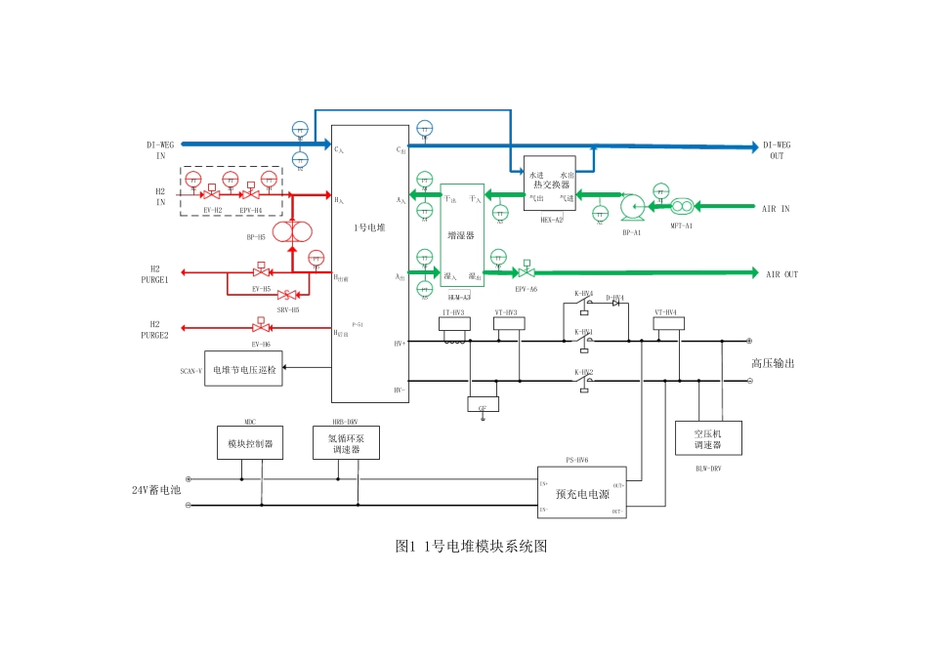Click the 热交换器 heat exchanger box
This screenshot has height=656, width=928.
pyautogui.click(x=550, y=184)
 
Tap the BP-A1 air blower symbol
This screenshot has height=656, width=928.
pyautogui.click(x=630, y=206)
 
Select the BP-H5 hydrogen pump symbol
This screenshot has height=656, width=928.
pyautogui.click(x=291, y=231)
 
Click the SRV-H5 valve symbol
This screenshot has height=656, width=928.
pyautogui.click(x=287, y=295)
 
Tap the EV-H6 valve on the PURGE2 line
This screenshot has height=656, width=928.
pyautogui.click(x=261, y=328)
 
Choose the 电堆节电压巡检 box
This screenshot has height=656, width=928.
pyautogui.click(x=243, y=369)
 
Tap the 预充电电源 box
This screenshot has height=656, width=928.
pyautogui.click(x=583, y=492)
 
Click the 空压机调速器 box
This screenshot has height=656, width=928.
pyautogui.click(x=708, y=437)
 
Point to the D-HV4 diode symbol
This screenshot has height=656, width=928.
pyautogui.click(x=615, y=304)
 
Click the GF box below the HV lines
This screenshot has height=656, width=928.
pyautogui.click(x=483, y=404)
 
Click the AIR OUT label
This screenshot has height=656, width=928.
pyautogui.click(x=781, y=274)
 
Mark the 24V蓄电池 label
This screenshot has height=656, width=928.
pyautogui.click(x=157, y=490)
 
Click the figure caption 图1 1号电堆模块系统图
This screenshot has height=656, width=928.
pyautogui.click(x=471, y=547)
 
